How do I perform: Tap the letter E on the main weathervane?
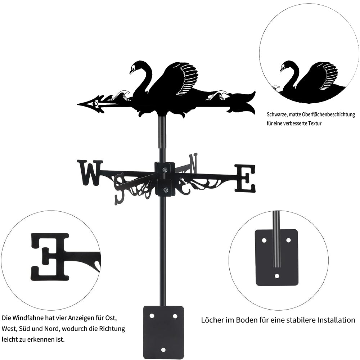[x=245, y=179]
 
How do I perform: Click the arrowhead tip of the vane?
[x=78, y=104]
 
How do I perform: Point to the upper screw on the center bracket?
[x=165, y=170]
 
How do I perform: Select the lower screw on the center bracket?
[x=165, y=190]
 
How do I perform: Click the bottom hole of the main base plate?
[x=163, y=350]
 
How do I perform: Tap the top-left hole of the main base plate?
[x=152, y=316]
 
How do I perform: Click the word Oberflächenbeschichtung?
[x=329, y=114]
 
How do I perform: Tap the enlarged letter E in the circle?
[x=50, y=257]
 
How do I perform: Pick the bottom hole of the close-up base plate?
[x=277, y=276]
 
